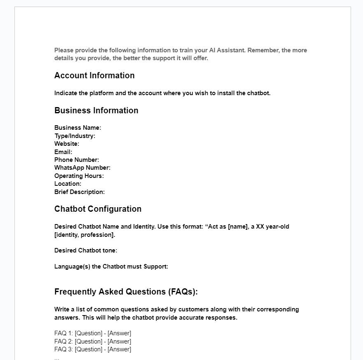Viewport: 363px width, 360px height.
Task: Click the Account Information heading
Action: [94, 75]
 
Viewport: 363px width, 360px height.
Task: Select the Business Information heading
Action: [96, 110]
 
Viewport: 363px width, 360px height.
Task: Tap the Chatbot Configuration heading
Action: [98, 209]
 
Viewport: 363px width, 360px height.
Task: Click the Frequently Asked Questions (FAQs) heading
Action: [126, 292]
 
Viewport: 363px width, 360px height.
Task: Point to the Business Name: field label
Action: [78, 128]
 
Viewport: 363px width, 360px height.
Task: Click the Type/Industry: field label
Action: [74, 136]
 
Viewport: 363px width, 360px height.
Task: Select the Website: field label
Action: [67, 144]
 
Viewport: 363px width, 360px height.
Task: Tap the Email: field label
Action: [63, 152]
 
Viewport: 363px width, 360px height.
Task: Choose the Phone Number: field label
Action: [77, 160]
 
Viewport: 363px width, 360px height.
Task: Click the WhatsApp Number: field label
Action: [82, 168]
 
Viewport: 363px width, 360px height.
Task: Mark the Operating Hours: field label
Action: [79, 176]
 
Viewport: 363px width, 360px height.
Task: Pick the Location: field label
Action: [67, 184]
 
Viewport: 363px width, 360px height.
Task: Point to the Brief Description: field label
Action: [79, 192]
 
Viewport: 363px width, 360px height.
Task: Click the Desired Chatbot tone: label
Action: [86, 250]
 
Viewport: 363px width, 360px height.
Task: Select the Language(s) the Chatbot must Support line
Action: [111, 266]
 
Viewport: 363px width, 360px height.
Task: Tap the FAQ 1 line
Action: [93, 333]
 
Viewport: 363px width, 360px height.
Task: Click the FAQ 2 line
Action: [93, 341]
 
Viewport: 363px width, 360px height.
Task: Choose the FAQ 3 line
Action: [93, 349]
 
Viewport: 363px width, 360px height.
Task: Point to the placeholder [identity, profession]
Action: [84, 235]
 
